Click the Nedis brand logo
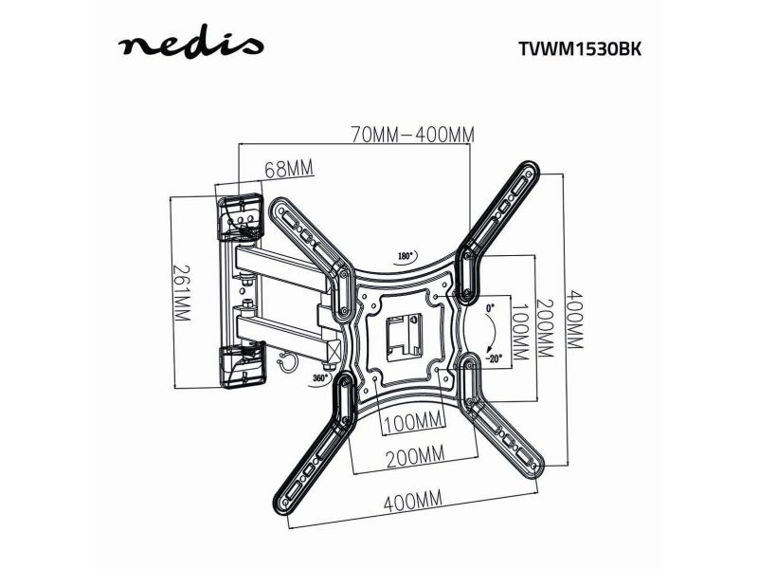coord(191,46)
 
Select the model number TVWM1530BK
coord(580,49)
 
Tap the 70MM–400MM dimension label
coord(412,135)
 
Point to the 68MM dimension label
coord(289,170)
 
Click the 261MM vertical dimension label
coord(182,293)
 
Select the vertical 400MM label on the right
coord(575,320)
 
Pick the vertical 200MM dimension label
coord(545,328)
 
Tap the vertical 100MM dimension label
coord(520,332)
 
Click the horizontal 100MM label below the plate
coord(413,421)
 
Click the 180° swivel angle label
coord(406,256)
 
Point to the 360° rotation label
coord(320,377)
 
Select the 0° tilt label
coord(491,307)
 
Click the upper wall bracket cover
coord(240,217)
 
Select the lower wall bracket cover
coord(243,364)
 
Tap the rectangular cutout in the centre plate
coord(405,335)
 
